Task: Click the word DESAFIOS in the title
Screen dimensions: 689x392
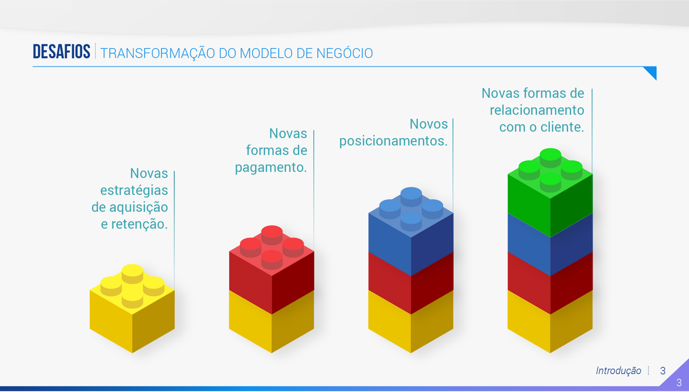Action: pyautogui.click(x=61, y=52)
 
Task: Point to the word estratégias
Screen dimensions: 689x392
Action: pyautogui.click(x=134, y=191)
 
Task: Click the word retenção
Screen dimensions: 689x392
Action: pyautogui.click(x=139, y=224)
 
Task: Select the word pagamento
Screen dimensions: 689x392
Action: pyautogui.click(x=271, y=168)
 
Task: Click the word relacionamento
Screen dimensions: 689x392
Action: pyautogui.click(x=537, y=110)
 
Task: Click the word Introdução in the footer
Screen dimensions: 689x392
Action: pyautogui.click(x=618, y=370)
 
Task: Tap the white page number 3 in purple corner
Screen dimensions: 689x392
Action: pyautogui.click(x=679, y=383)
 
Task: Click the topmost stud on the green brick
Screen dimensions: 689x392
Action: pyautogui.click(x=550, y=155)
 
